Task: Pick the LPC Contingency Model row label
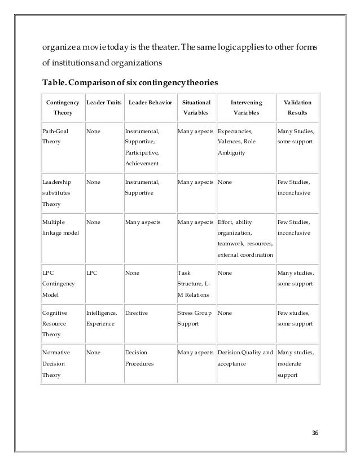click(x=56, y=284)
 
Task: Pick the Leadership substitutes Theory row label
click(x=57, y=192)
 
